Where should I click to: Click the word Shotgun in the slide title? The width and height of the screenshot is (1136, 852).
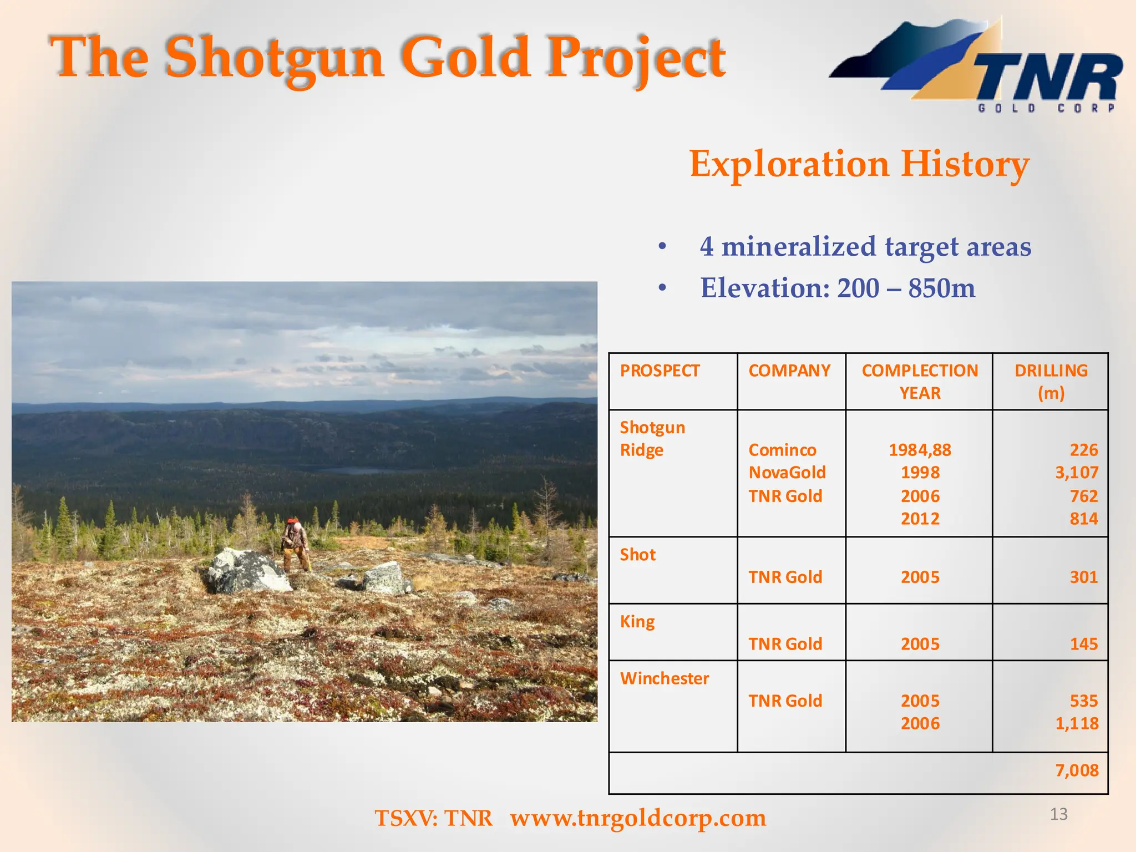tap(275, 58)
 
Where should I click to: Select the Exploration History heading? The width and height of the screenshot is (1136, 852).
tap(859, 164)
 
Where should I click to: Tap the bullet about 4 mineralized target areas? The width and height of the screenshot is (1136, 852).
tap(864, 246)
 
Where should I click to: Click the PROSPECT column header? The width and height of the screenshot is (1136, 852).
tap(660, 371)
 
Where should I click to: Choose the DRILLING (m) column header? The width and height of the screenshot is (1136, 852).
tap(1051, 381)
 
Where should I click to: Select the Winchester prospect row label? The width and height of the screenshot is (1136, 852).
tap(664, 678)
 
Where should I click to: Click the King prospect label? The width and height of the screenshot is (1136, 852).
tap(637, 622)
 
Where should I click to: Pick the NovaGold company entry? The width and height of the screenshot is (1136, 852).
tap(787, 473)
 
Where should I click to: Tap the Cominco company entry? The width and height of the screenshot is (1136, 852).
tap(782, 450)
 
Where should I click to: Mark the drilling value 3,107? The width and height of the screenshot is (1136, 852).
tap(1076, 473)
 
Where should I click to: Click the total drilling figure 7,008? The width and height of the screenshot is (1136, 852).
tap(1076, 770)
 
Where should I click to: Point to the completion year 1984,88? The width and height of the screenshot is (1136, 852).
tap(920, 450)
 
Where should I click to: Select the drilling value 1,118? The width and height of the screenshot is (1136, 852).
tap(1076, 723)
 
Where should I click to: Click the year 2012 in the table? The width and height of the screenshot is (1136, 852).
tap(920, 519)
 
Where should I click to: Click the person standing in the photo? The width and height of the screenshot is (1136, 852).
tap(295, 545)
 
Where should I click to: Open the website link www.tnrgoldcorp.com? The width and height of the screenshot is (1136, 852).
tap(638, 818)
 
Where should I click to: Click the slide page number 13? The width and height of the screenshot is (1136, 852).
tap(1058, 814)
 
